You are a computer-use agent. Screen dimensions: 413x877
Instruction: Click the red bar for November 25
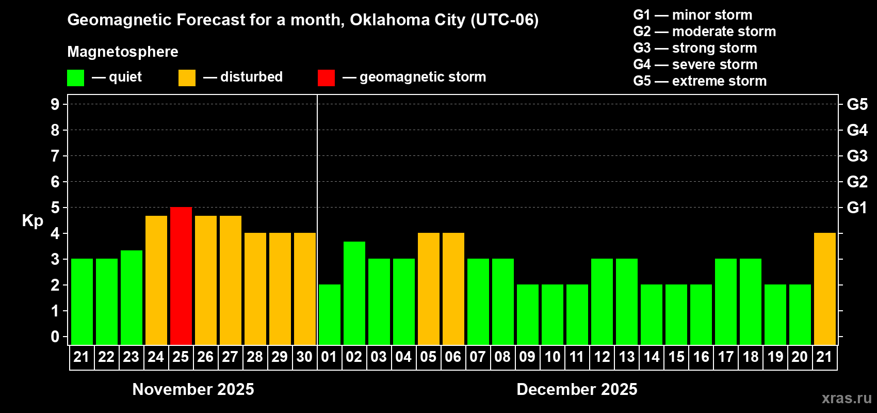[x=181, y=276]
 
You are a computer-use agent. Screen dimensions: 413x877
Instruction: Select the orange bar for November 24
[x=156, y=280]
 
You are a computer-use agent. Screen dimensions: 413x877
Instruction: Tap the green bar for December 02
[x=354, y=293]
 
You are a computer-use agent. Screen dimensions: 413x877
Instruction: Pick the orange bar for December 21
[x=825, y=289]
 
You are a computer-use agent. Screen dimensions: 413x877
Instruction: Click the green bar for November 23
[x=132, y=297]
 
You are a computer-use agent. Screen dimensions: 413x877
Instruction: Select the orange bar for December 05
[x=429, y=289]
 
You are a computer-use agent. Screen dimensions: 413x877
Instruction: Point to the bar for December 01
[x=330, y=314]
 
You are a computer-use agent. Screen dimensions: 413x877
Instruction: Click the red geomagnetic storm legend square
[x=326, y=78]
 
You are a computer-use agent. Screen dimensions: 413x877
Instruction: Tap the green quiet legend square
[x=75, y=78]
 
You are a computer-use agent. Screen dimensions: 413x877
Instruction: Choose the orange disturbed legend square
[x=187, y=78]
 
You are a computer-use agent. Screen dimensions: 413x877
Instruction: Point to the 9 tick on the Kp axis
[x=55, y=104]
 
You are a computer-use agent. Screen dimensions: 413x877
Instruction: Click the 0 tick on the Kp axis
[x=55, y=337]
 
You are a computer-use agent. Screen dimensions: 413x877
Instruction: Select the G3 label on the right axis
[x=857, y=156]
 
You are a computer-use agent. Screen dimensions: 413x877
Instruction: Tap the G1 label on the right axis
[x=857, y=208]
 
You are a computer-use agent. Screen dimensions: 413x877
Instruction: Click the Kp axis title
[x=33, y=221]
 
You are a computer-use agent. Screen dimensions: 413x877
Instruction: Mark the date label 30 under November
[x=304, y=357]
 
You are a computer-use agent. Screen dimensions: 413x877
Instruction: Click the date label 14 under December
[x=652, y=357]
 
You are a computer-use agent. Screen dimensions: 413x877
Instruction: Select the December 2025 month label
[x=577, y=389]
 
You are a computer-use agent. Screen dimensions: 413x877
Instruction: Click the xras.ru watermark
[x=847, y=398]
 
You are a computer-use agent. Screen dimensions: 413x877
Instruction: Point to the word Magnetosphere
[x=123, y=52]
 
